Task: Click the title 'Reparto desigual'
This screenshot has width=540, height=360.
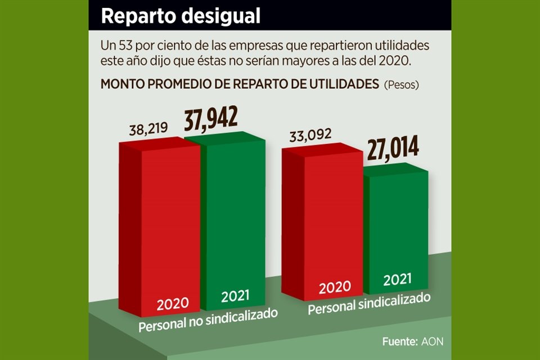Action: pyautogui.click(x=181, y=16)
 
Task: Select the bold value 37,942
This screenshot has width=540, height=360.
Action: pyautogui.click(x=211, y=117)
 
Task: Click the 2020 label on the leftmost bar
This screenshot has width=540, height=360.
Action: pyautogui.click(x=173, y=304)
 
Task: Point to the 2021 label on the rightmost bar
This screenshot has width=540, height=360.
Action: pyautogui.click(x=398, y=279)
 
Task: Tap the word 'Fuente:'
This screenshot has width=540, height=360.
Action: pyautogui.click(x=400, y=341)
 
